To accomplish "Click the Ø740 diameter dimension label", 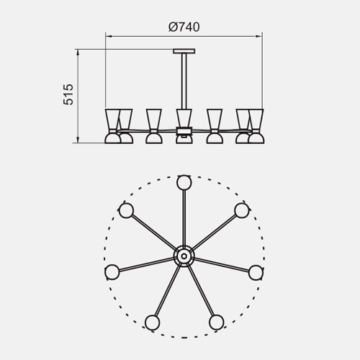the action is pyautogui.click(x=184, y=27).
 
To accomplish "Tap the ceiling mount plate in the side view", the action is pyautogui.click(x=184, y=51).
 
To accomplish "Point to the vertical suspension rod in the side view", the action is pyautogui.click(x=184, y=81).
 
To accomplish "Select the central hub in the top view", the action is pyautogui.click(x=184, y=256).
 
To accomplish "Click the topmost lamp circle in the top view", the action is pyautogui.click(x=184, y=182).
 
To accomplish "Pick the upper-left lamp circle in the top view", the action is pyautogui.click(x=126, y=210).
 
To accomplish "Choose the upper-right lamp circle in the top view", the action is pyautogui.click(x=242, y=210).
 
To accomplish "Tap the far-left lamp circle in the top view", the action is pyautogui.click(x=112, y=272).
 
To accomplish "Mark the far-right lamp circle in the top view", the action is pyautogui.click(x=256, y=272).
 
